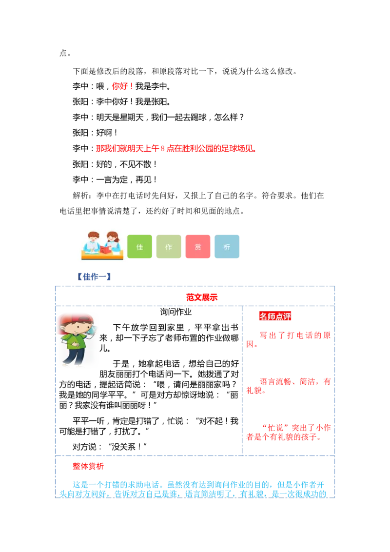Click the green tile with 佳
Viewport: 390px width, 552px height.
coord(140,247)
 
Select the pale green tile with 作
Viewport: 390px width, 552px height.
coord(169,247)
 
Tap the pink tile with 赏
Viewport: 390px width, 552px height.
coord(197,247)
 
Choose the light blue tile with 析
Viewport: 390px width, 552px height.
coord(227,247)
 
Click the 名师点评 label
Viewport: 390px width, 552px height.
coord(275,316)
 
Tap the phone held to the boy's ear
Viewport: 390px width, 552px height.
coord(91,330)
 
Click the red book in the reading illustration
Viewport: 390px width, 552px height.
coord(104,249)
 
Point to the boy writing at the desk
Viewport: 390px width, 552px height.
coord(91,242)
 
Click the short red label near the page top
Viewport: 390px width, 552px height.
coord(121,86)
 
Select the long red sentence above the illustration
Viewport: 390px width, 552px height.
coord(175,148)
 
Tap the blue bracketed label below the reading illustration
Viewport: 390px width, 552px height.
coord(95,276)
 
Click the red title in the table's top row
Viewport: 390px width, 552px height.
coord(201,296)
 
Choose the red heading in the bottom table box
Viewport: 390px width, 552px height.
coord(88,466)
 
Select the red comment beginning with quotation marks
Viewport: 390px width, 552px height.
coord(289,432)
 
